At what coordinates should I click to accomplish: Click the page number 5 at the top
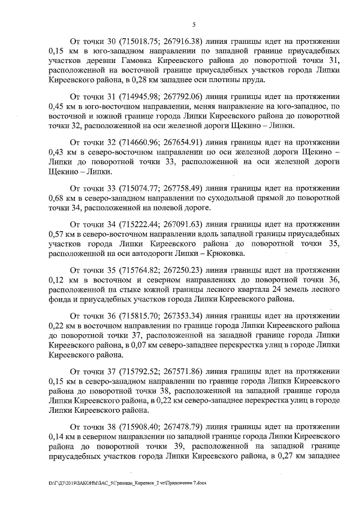(x=193, y=24)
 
